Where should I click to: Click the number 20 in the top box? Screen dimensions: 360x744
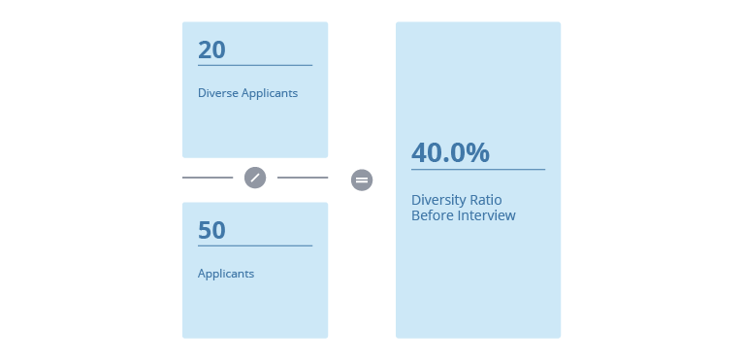211,49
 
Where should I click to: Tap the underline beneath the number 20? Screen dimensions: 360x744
255,65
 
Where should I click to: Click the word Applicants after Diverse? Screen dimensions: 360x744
270,94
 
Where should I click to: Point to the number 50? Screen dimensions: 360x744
211,230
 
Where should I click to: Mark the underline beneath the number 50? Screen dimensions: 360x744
255,245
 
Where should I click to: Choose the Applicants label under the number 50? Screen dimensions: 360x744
226,274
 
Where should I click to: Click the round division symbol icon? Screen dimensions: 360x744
255,178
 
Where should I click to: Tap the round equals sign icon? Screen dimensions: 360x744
362,180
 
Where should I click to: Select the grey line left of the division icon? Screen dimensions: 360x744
208,178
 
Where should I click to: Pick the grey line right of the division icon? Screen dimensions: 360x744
303,178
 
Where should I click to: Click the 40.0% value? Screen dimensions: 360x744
450,152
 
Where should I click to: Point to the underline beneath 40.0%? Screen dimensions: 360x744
478,170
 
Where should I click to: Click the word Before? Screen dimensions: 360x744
431,215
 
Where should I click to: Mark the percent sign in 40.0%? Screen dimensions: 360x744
477,152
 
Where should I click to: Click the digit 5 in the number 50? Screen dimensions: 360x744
205,230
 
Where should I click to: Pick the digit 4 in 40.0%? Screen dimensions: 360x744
419,152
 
